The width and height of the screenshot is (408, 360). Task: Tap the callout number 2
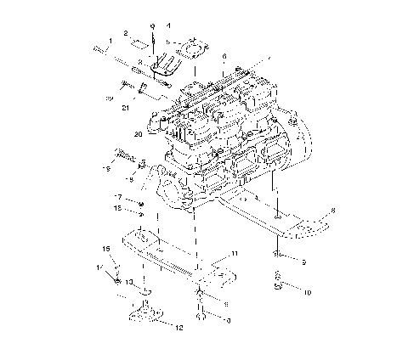[125, 33]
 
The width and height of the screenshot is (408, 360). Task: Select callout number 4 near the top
[167, 26]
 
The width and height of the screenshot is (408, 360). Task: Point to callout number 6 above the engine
[223, 57]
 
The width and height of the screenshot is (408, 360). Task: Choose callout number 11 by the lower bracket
[235, 255]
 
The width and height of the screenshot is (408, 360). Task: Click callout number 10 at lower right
[307, 291]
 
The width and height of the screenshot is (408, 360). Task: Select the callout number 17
[118, 197]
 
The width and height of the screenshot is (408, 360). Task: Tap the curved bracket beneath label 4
[166, 64]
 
